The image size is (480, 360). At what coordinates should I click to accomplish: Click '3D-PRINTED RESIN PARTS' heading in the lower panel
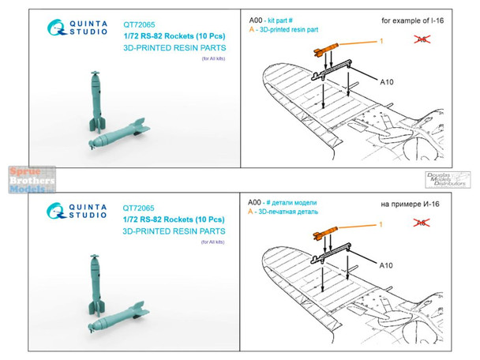tap(174, 231)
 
